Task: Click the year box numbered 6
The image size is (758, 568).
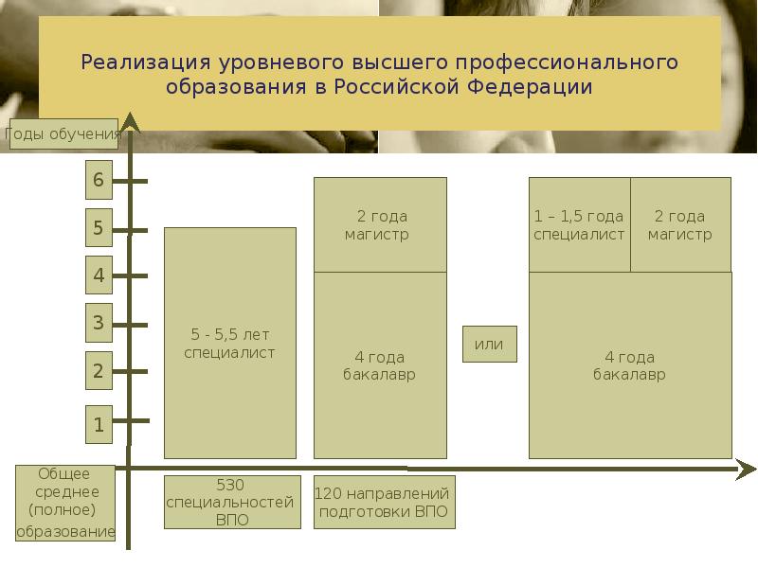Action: click(99, 181)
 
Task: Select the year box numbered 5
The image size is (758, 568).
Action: click(99, 228)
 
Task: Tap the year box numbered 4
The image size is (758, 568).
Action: click(99, 275)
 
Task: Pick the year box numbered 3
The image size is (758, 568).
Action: click(99, 323)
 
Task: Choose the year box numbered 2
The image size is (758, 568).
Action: click(99, 371)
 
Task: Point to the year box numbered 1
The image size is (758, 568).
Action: click(99, 424)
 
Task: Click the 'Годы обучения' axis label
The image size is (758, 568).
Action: click(63, 134)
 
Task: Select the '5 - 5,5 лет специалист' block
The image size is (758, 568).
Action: click(230, 343)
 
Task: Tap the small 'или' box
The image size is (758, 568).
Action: click(489, 344)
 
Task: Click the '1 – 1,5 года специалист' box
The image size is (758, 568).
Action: click(579, 225)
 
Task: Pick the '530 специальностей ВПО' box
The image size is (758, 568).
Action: click(232, 502)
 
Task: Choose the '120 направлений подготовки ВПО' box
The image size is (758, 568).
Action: click(384, 502)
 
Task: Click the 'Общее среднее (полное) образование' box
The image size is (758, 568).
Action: click(64, 503)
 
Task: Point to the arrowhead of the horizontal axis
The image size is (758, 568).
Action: click(747, 469)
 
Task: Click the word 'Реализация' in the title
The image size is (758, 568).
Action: click(145, 63)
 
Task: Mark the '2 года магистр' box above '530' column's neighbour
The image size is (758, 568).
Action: click(380, 225)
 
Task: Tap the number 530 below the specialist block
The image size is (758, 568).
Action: click(230, 485)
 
